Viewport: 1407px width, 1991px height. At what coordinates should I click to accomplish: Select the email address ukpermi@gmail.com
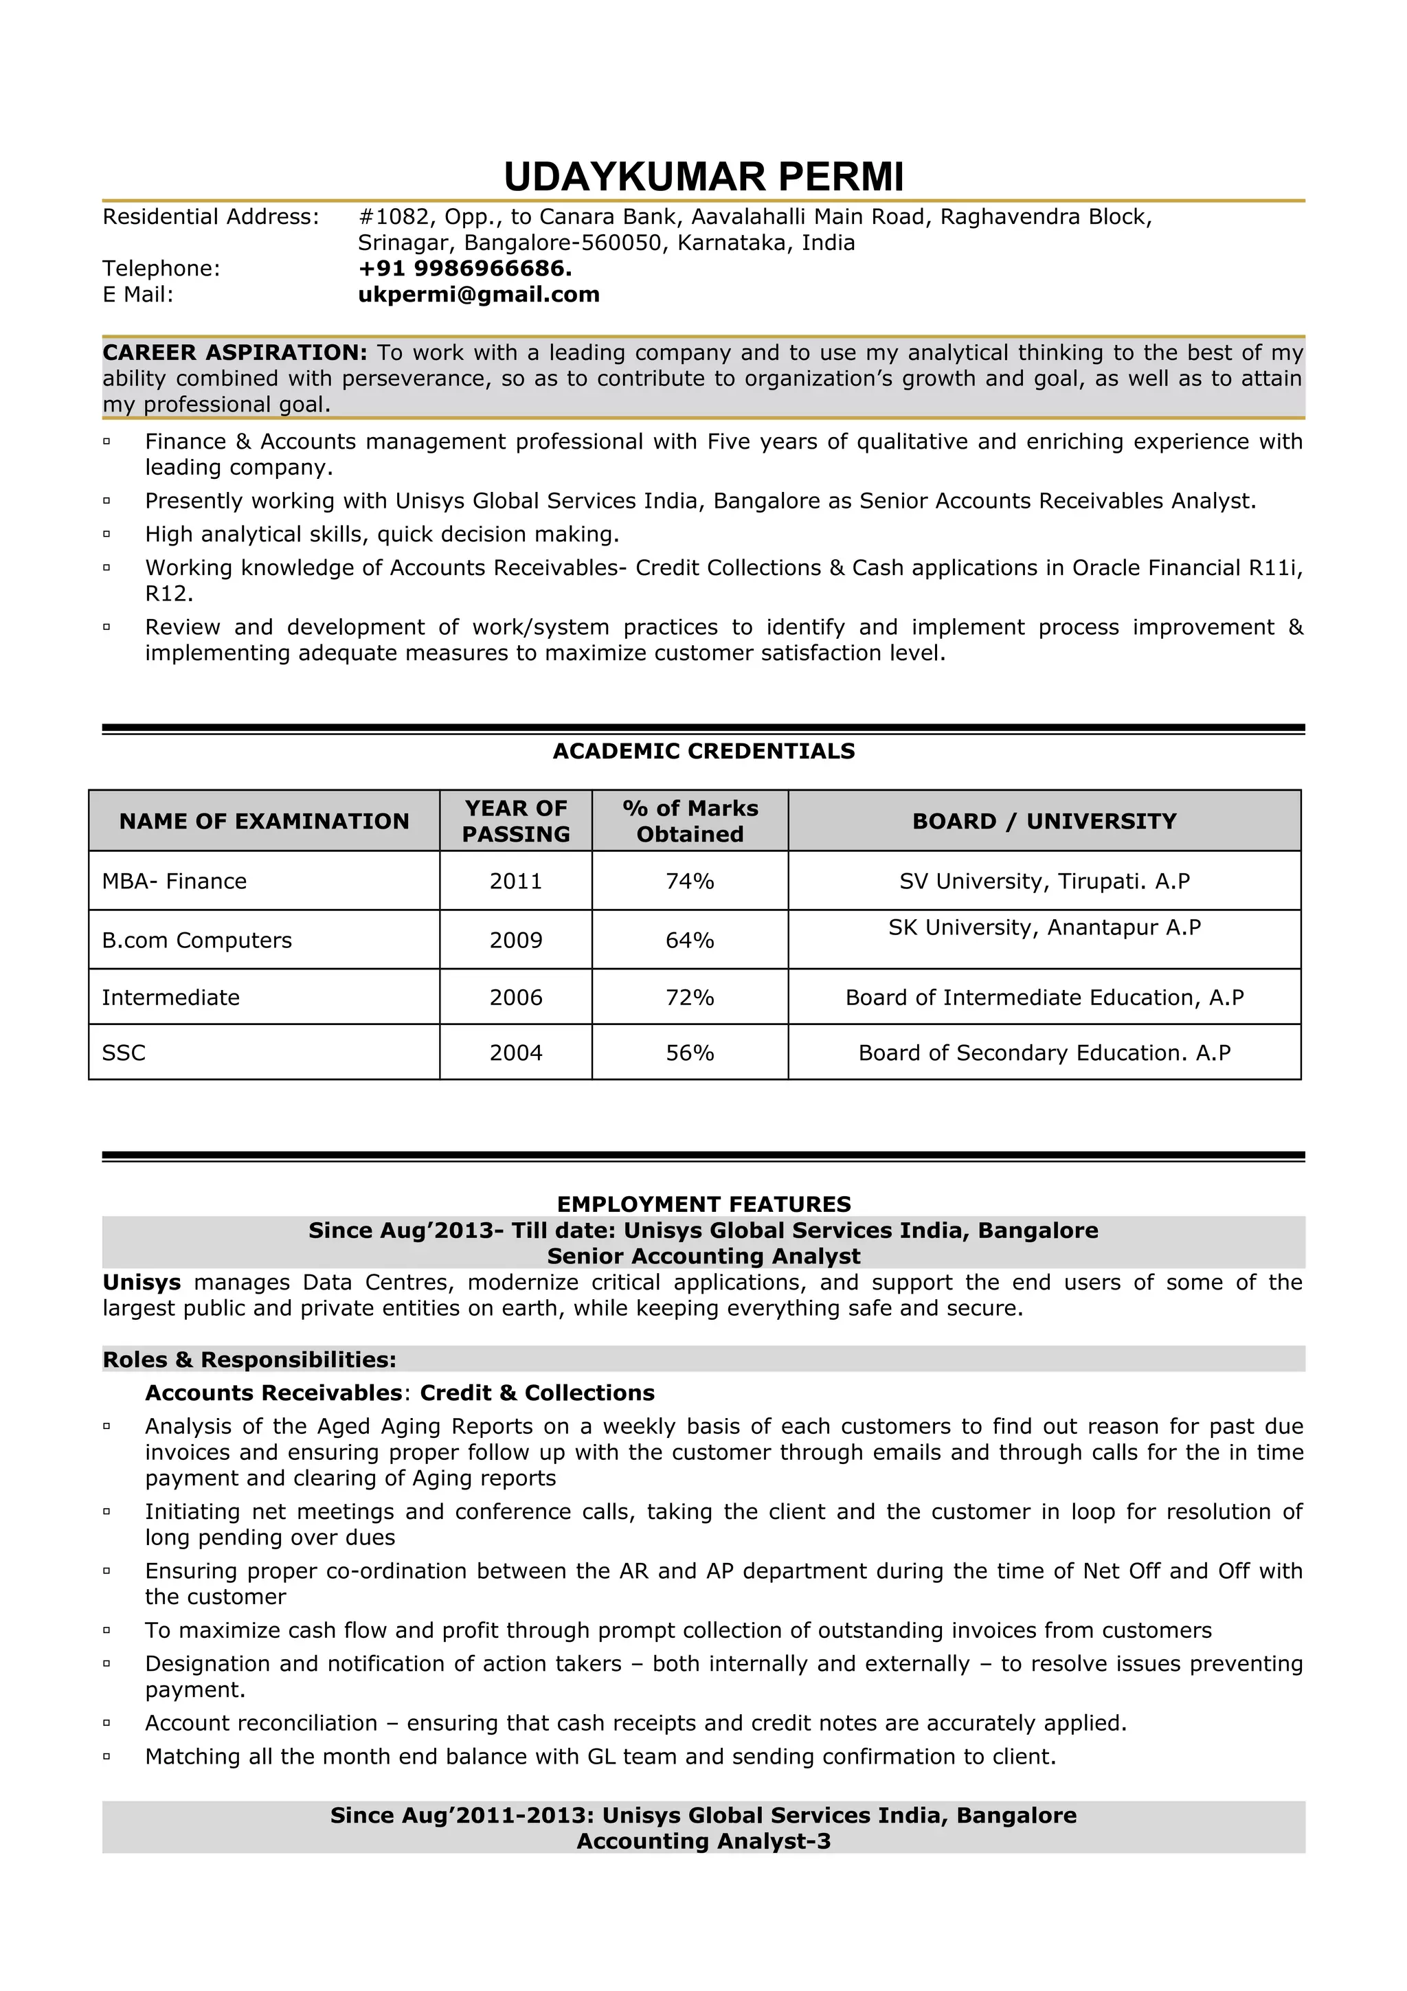(x=479, y=295)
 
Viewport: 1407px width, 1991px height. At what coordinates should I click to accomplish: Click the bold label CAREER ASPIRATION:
(x=235, y=353)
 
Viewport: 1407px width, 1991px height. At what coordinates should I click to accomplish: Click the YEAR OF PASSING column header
(x=516, y=821)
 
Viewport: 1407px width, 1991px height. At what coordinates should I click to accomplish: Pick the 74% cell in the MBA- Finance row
(x=689, y=881)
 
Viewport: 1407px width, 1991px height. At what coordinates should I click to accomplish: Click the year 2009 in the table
(x=516, y=940)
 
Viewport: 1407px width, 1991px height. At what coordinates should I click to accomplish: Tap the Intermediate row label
(x=171, y=998)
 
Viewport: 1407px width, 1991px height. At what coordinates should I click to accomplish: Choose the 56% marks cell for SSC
(x=689, y=1053)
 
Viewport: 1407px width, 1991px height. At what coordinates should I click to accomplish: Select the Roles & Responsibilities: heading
(x=249, y=1359)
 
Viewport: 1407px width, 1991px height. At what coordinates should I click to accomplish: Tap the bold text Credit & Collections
(x=537, y=1393)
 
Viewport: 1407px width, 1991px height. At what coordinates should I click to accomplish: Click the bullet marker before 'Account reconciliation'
(x=106, y=1724)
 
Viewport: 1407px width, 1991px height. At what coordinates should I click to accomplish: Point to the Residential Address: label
(x=211, y=217)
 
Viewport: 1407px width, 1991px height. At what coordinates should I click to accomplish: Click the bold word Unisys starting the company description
(x=142, y=1282)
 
